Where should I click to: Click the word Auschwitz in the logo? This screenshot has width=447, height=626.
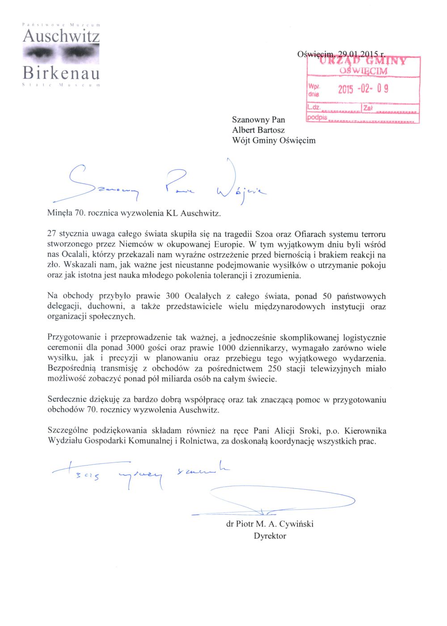click(x=61, y=36)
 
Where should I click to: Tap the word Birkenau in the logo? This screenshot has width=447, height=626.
click(x=61, y=72)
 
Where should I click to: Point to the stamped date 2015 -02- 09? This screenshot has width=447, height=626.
click(x=363, y=88)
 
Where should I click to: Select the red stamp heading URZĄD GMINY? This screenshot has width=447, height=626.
click(x=363, y=61)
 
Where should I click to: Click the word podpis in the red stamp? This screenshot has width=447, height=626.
click(x=317, y=118)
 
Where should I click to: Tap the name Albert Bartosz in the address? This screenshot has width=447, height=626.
click(x=258, y=130)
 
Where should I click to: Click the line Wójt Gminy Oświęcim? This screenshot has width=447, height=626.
click(x=274, y=140)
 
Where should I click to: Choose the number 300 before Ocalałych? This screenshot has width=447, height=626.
click(x=173, y=296)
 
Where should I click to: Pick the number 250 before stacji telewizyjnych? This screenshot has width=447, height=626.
click(x=275, y=369)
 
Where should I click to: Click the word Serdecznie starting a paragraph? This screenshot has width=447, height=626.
click(x=67, y=400)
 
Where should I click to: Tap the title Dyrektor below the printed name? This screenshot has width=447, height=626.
click(x=270, y=536)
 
